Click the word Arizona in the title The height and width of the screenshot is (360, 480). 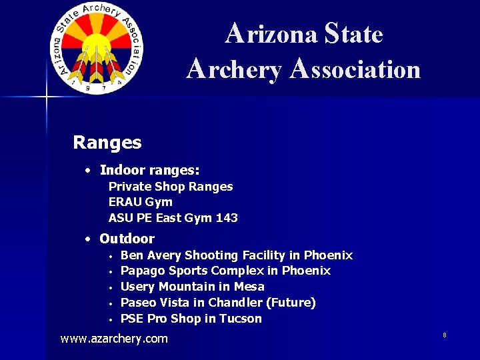[x=271, y=33]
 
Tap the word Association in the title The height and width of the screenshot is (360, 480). [x=355, y=69]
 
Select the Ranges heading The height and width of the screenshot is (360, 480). [x=107, y=143]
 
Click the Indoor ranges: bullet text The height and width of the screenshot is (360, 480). [x=149, y=171]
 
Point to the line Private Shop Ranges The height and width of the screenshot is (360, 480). [x=171, y=187]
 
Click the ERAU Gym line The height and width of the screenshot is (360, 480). [x=140, y=202]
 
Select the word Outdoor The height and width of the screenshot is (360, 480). [x=127, y=239]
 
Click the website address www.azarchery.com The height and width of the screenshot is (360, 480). [x=114, y=339]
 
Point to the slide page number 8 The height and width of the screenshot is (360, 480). [x=444, y=335]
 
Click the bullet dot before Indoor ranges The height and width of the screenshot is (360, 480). [x=88, y=171]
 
